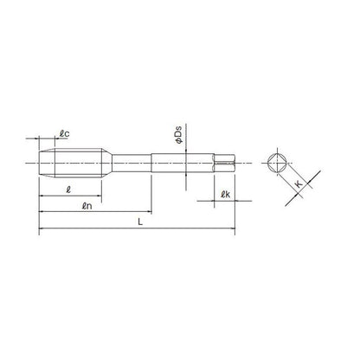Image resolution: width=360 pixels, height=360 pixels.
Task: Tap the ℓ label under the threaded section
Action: click(x=68, y=190)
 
